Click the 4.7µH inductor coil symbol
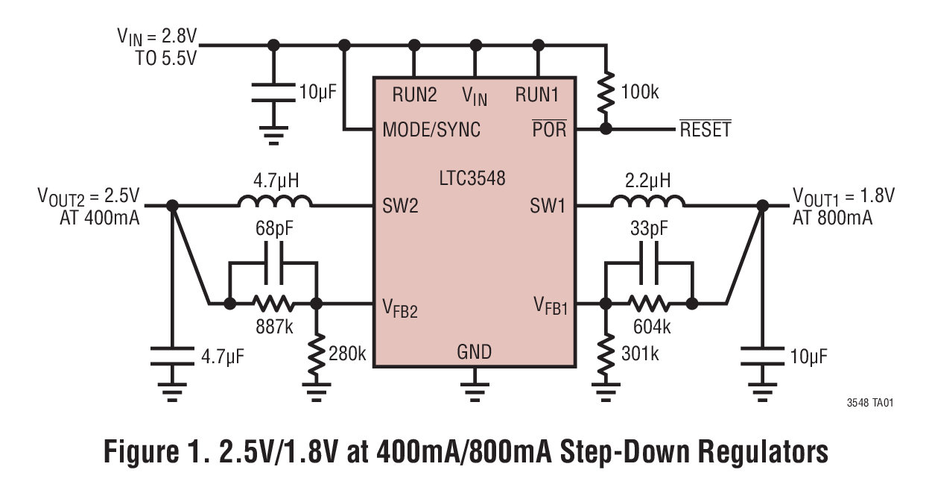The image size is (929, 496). [275, 201]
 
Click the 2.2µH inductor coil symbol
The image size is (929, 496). [648, 201]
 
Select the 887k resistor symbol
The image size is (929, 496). [273, 304]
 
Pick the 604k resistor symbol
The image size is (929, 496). [649, 304]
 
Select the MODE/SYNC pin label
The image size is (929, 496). [431, 130]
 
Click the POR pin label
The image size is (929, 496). [549, 129]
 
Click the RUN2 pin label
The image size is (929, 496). [413, 95]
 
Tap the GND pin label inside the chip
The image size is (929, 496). [474, 351]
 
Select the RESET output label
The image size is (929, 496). [704, 130]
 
